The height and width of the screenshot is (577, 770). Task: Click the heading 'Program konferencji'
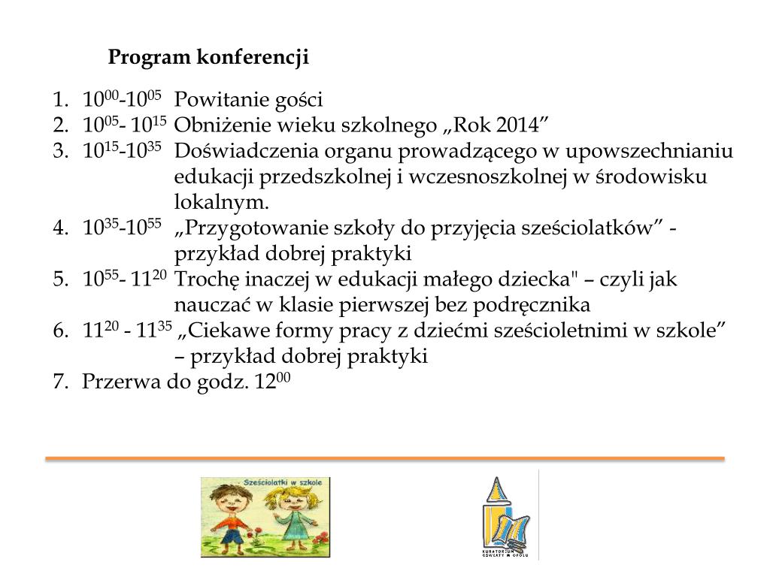point(208,58)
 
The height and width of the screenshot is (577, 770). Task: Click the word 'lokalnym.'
point(221,203)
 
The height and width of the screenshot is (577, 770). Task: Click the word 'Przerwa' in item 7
point(117,382)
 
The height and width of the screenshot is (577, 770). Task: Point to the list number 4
point(59,228)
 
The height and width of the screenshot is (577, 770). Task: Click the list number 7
point(59,382)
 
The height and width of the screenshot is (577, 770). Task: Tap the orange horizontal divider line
point(384,458)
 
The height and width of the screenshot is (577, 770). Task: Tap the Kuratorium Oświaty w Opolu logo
point(505,518)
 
